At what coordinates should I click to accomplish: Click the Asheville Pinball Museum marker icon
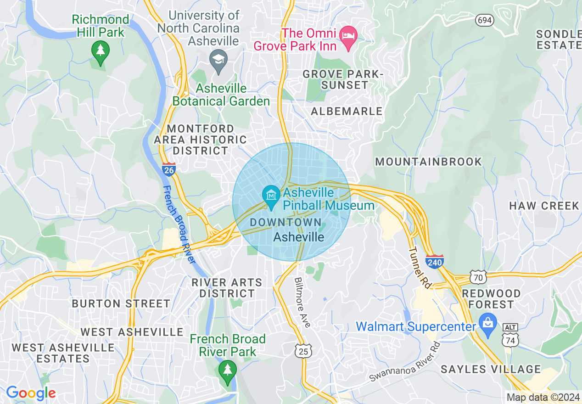[271, 196]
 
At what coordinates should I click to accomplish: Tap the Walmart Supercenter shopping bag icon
[487, 322]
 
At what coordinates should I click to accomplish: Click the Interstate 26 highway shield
[168, 169]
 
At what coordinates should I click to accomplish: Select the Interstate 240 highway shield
[434, 261]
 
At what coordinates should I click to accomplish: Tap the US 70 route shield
[478, 277]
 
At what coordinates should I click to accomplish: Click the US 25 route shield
[304, 351]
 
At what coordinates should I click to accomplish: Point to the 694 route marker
[484, 20]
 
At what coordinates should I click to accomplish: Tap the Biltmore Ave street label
[302, 302]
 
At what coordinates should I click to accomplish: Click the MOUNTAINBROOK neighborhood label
[429, 162]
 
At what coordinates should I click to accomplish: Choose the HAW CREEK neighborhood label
[544, 206]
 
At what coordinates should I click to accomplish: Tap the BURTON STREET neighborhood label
[121, 303]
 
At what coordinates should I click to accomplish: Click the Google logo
[31, 393]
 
